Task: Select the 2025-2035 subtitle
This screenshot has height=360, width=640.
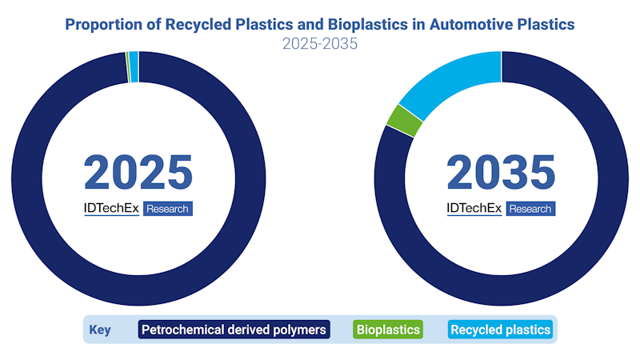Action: pos(320,44)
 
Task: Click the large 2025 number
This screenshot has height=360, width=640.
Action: pos(138,172)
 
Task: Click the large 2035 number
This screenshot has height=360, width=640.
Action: pos(501,172)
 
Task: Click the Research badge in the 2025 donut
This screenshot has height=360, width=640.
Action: pos(168,209)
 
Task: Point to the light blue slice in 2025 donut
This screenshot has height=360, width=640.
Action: pos(134,55)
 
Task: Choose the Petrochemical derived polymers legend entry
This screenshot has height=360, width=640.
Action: pos(234,329)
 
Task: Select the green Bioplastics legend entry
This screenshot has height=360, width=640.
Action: pos(387,329)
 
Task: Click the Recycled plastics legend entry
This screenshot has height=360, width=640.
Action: pos(500,329)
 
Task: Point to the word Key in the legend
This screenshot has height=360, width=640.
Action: pos(100,330)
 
